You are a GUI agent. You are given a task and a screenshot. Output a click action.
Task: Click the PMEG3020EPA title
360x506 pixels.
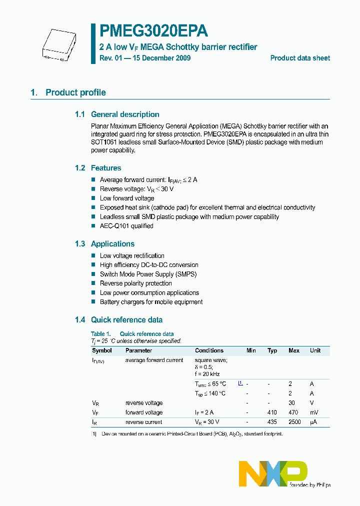tap(153, 31)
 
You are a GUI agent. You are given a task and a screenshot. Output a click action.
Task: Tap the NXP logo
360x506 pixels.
tap(273, 473)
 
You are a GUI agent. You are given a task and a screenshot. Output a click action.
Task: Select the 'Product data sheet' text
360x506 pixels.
tap(300, 58)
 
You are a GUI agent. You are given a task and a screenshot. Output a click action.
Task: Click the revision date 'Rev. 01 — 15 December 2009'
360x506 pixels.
tap(145, 58)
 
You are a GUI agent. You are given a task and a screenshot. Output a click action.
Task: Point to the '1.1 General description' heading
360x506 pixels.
tap(117, 114)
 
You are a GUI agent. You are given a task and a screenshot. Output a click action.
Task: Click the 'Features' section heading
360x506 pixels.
tap(105, 168)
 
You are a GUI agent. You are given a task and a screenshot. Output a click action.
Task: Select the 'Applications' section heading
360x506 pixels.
tap(112, 244)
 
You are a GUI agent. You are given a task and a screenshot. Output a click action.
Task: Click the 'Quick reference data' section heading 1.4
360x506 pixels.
tap(126, 320)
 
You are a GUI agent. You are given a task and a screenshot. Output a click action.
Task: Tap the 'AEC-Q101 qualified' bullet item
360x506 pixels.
tap(126, 226)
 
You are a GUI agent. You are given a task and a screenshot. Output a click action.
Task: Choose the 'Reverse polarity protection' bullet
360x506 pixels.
tap(135, 283)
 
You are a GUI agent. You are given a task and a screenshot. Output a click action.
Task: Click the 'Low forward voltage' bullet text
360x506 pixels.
tap(127, 198)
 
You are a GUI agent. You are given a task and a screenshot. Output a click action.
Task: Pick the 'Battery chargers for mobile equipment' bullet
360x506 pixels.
tap(151, 302)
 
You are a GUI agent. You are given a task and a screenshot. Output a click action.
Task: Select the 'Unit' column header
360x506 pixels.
tap(315, 350)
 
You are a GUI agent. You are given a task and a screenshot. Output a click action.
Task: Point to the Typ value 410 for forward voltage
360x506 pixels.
tap(272, 412)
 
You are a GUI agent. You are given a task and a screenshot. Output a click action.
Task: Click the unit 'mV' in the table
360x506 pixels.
tap(313, 412)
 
